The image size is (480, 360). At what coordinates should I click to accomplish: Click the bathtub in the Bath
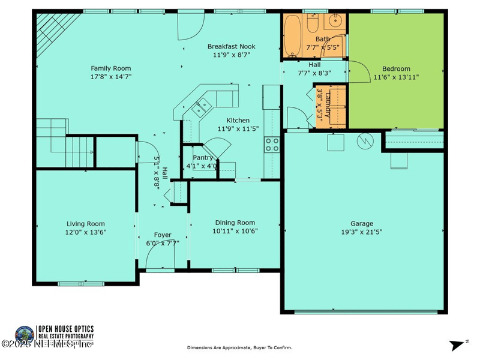click(293, 34)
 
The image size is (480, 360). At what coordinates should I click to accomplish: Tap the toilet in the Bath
click(313, 23)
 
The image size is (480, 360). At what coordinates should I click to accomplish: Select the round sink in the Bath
click(335, 24)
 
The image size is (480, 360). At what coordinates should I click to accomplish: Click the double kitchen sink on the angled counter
click(200, 108)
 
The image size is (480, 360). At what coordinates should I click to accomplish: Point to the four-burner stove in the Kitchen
click(272, 144)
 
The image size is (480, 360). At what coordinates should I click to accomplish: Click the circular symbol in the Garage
click(365, 141)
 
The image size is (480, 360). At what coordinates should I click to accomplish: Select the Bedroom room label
click(396, 68)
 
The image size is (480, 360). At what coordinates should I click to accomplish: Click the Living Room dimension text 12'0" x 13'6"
click(86, 232)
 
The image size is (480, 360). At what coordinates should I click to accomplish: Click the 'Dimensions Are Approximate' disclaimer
click(239, 347)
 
